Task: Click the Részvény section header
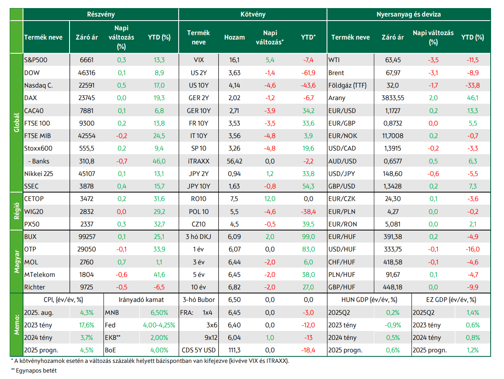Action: point(101,14)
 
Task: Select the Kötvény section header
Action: point(253,14)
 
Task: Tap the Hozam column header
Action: point(234,37)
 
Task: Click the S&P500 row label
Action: point(36,60)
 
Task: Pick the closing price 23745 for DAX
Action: point(86,98)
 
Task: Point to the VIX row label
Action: point(198,60)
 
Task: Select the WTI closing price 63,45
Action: point(392,60)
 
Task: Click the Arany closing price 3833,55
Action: point(392,98)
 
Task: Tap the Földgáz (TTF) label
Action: point(347,85)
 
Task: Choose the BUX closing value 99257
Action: point(86,237)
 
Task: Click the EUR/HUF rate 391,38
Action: point(392,237)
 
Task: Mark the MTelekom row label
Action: point(40,274)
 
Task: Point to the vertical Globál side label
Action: point(17,122)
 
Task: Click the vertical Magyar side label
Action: point(17,262)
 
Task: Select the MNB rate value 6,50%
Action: point(159,312)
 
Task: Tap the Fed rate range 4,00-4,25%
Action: point(159,325)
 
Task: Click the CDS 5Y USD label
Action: point(198,350)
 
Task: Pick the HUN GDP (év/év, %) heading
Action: point(369,299)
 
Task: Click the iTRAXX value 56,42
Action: point(234,161)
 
